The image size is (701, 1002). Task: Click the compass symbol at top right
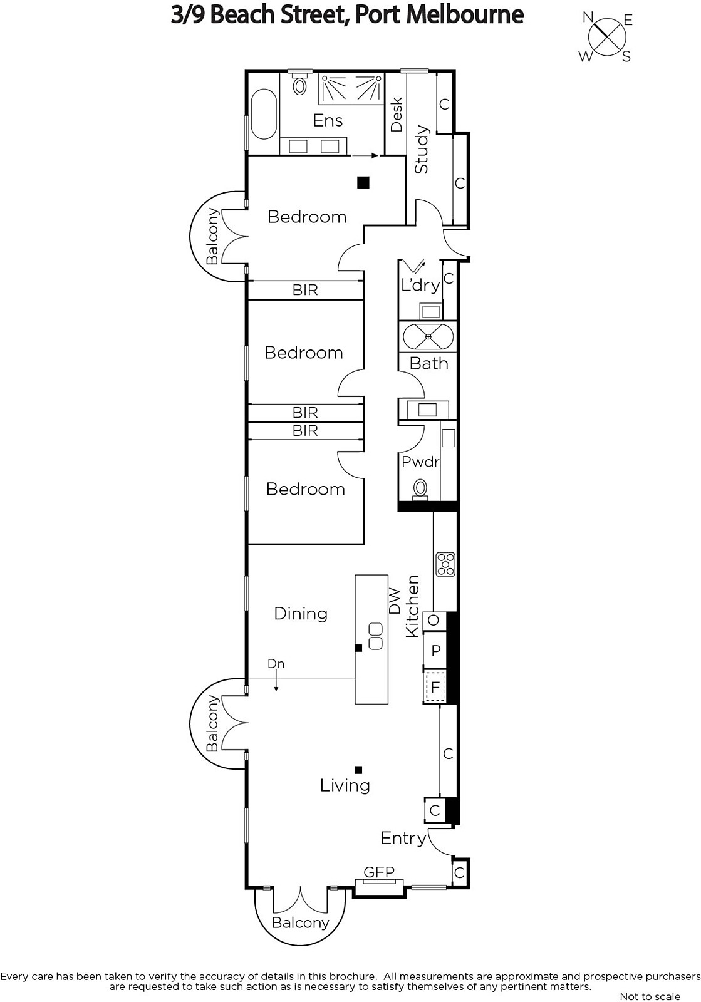pos(606,37)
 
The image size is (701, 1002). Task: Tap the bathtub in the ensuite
pos(264,115)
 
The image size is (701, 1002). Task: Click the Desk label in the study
pos(397,115)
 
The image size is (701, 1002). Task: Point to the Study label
pos(422,150)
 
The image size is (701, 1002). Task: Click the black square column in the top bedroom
pos(363,182)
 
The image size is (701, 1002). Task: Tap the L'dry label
pos(420,284)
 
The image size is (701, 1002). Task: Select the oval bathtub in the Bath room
pos(428,336)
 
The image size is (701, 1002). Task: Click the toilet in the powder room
pos(420,489)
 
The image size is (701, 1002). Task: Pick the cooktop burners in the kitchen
pos(445,564)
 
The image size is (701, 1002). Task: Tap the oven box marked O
pos(434,620)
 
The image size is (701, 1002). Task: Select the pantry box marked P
pos(435,650)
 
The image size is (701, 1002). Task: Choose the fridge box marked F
pos(435,686)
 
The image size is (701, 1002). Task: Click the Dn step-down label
pos(276,663)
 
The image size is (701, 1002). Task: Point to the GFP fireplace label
pos(379,872)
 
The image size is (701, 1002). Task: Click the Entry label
pos(403,838)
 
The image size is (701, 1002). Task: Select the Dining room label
pos(301,614)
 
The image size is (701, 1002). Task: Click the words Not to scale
pos(650,996)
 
